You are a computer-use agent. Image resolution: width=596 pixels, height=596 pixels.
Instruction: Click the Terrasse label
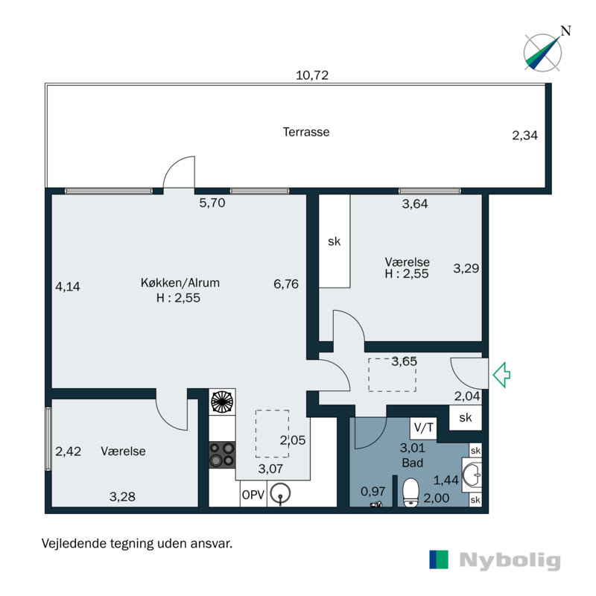306,132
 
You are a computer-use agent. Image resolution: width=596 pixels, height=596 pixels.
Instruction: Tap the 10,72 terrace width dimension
312,75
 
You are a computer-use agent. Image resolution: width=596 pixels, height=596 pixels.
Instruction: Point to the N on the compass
566,31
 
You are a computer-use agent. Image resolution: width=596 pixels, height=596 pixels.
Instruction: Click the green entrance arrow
501,375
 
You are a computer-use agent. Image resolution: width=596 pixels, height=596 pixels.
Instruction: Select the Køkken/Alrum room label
180,283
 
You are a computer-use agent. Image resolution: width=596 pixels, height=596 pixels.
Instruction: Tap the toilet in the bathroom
410,493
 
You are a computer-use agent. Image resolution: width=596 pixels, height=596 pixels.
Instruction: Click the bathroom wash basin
472,475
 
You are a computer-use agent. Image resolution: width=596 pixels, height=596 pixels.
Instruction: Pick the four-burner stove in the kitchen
222,454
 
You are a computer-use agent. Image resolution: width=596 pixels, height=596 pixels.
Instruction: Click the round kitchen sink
280,493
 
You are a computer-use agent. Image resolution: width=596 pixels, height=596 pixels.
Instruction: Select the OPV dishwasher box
253,494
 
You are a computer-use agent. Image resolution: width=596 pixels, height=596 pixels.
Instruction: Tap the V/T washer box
423,428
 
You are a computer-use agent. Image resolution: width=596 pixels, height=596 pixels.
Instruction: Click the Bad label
413,463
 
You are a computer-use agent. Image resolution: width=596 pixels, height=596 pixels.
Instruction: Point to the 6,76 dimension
286,284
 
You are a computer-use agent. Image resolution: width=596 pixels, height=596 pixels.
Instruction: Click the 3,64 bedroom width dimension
415,204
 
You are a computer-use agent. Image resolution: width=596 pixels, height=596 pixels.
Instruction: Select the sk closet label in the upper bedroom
334,241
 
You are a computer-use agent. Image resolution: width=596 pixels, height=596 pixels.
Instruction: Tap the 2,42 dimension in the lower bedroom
68,451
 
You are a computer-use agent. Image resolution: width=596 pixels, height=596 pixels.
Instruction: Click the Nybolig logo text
510,560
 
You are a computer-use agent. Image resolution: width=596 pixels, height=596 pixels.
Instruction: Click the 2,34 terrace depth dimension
525,136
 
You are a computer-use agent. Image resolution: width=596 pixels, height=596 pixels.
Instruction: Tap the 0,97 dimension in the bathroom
373,492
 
